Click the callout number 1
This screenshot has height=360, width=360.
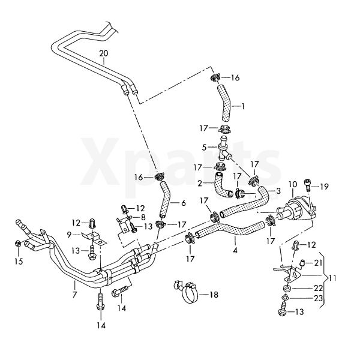pos(242,106)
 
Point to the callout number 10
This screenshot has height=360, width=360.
pos(292,184)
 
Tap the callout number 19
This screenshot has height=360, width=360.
pos(325,187)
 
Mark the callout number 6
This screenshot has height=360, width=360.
pos(183,203)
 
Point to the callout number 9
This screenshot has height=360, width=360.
pos(69,234)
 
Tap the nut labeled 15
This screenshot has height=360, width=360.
pos(18,244)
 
